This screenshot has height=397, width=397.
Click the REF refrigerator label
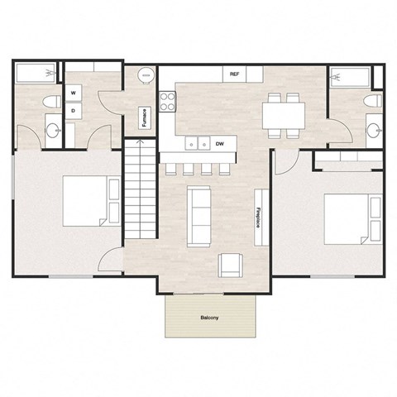(235, 74)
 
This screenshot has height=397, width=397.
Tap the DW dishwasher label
(220, 144)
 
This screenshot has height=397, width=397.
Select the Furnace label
(145, 118)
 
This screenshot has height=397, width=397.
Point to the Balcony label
(210, 317)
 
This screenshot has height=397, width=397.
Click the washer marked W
(74, 93)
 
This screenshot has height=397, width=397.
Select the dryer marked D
(74, 109)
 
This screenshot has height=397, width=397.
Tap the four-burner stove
(168, 103)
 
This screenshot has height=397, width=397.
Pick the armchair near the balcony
(231, 265)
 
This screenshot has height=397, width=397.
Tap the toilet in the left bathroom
(50, 103)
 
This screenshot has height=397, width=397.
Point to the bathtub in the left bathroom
(37, 74)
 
